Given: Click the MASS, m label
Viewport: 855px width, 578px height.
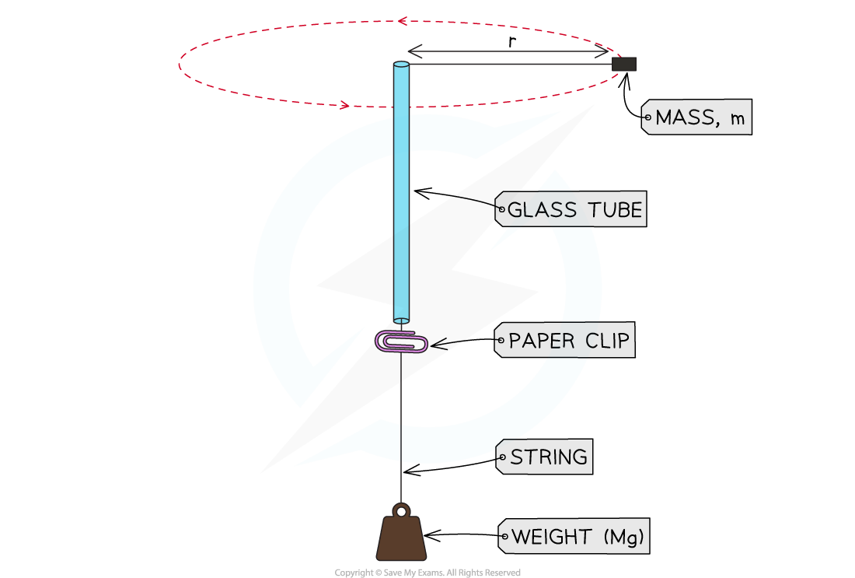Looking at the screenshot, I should click(697, 117).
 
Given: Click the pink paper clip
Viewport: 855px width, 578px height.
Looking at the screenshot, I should click(402, 342).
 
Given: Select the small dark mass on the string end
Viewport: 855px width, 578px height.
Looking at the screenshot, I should click(623, 64).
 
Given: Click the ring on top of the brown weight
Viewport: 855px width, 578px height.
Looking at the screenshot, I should click(401, 511).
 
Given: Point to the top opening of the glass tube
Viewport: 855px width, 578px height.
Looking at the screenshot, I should click(401, 65).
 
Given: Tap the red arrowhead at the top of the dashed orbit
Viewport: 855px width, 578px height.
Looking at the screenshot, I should click(401, 22).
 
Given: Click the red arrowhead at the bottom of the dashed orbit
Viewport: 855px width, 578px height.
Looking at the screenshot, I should click(345, 104).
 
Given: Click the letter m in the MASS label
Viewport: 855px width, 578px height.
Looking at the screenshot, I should click(738, 119).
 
